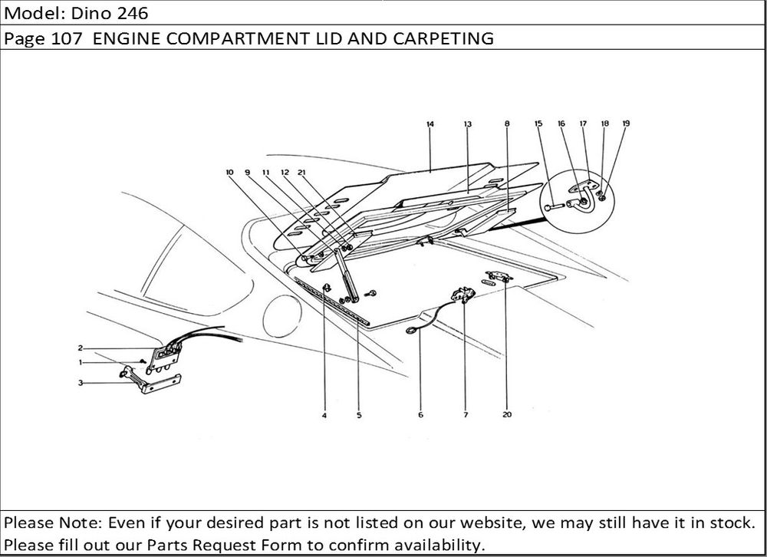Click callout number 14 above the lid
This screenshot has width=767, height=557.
430,124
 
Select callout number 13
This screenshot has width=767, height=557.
467,124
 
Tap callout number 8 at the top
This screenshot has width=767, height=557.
508,124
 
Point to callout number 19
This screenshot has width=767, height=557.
626,124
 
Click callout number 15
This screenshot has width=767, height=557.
538,124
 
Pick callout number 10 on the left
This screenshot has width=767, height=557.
229,173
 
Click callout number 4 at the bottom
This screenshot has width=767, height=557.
324,415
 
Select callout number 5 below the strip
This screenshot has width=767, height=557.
359,415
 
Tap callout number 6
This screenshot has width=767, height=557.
420,415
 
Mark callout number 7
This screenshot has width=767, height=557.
465,415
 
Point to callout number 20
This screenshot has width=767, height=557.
507,415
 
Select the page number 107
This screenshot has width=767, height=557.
67,38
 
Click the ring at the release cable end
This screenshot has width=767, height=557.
412,331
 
